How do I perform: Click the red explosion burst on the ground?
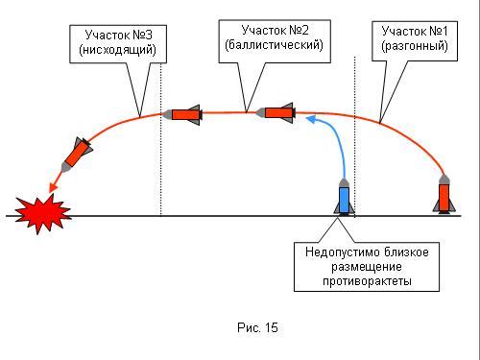(43, 212)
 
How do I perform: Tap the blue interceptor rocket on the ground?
(344, 197)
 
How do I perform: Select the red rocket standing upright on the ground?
(444, 194)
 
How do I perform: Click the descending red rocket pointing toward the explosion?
(77, 156)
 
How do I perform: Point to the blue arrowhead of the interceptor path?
(310, 120)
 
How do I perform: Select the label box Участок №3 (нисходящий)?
(118, 44)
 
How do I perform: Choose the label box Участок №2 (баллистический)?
(275, 41)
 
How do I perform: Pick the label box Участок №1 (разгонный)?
(415, 41)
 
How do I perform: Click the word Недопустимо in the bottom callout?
(343, 252)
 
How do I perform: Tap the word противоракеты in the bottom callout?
(367, 281)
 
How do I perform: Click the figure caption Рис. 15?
(257, 327)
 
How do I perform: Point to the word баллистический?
(274, 45)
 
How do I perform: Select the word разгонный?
(415, 46)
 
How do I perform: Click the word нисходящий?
(117, 50)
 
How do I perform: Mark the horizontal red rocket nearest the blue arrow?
(275, 113)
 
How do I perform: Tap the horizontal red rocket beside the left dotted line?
(181, 114)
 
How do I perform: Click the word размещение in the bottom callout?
(367, 267)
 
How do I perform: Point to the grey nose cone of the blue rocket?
(344, 183)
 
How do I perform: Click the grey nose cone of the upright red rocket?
(444, 180)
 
